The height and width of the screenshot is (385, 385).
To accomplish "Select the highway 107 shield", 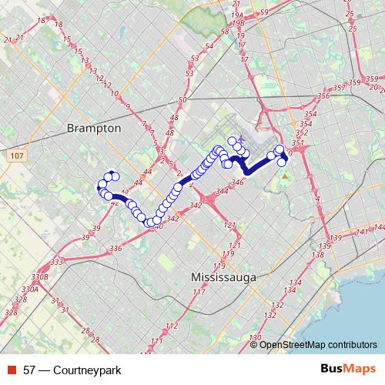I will pos(16,156).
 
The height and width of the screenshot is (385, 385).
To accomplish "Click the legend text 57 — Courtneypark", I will pos(72,370).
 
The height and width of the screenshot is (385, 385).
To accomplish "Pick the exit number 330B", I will pos(40,276).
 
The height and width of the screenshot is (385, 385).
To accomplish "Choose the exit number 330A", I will pos(30,290).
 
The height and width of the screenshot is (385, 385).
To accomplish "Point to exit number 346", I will pos(237,182).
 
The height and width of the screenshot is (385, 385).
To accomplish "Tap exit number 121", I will pos(229,225).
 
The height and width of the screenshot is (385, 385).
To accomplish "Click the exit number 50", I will pos(182,100).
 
